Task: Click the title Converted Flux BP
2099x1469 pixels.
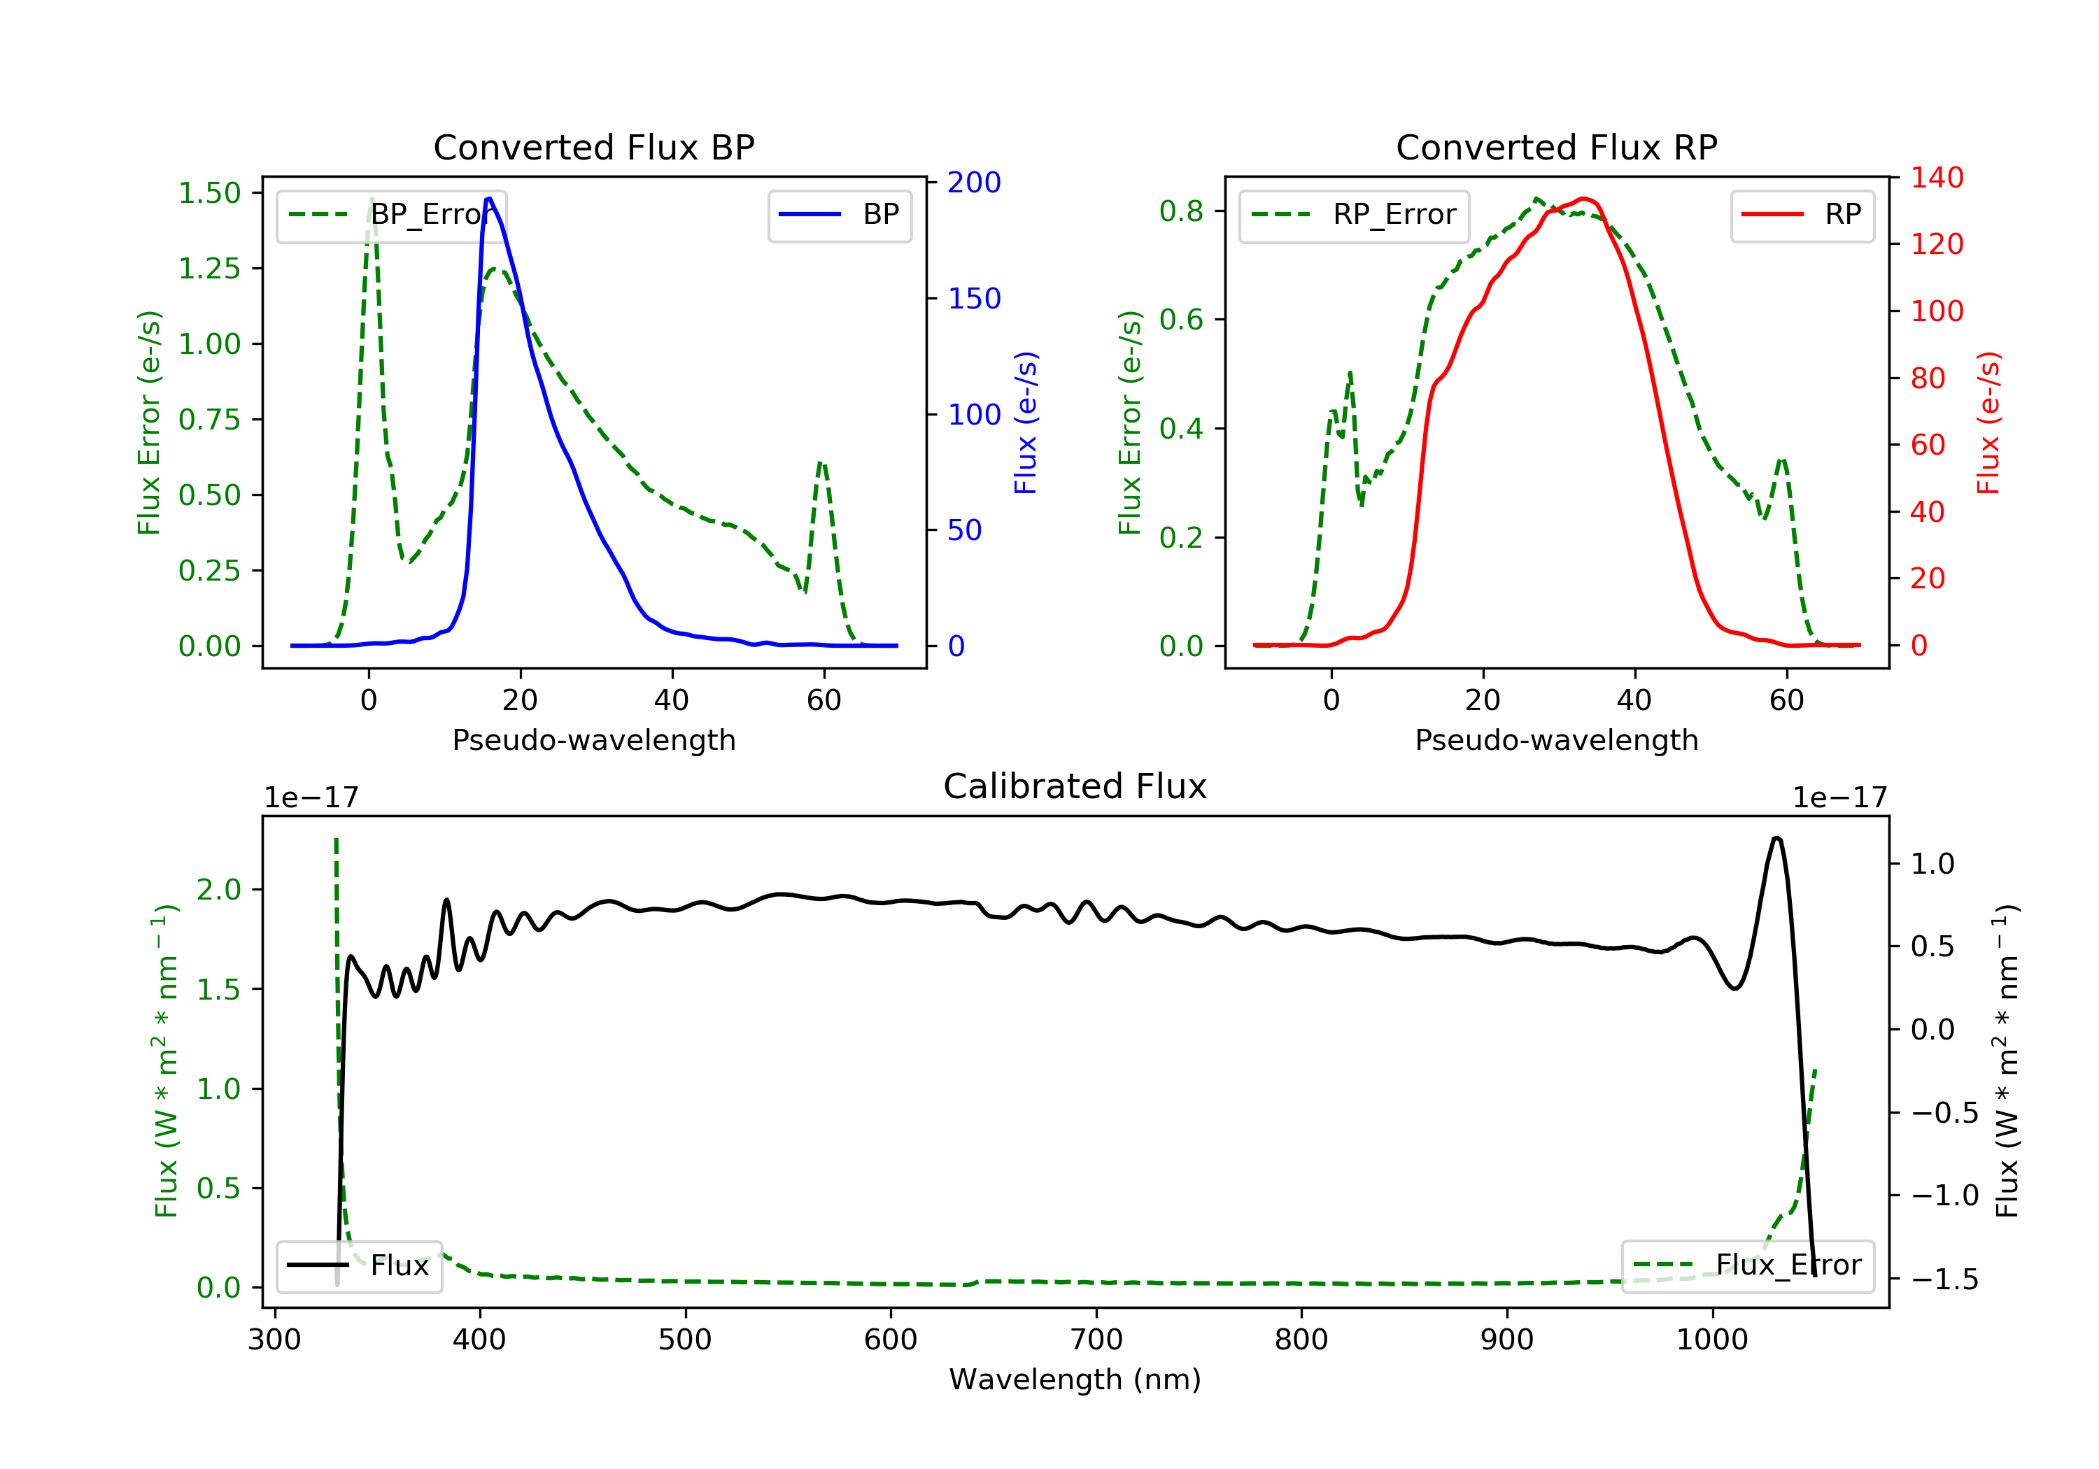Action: tap(593, 147)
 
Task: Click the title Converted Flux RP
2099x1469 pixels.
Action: tap(1556, 147)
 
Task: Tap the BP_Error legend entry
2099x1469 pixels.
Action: tap(391, 215)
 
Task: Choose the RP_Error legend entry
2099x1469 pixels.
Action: tap(1353, 215)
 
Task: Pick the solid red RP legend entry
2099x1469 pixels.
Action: tap(1802, 215)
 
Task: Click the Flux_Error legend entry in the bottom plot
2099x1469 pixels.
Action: tap(1747, 1265)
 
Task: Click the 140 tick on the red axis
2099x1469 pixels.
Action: tap(1936, 178)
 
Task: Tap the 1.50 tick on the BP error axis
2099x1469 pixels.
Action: tap(209, 193)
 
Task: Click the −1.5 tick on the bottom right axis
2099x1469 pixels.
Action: tap(1944, 1279)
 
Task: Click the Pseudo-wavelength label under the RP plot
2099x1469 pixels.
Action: tap(1556, 739)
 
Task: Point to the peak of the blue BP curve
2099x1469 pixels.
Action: tap(489, 199)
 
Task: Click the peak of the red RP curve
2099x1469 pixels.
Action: tap(1583, 199)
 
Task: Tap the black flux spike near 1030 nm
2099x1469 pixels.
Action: tap(1776, 837)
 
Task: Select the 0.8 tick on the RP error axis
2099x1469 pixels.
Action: tap(1180, 211)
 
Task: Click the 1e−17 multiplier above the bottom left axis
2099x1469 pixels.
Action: tap(311, 798)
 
